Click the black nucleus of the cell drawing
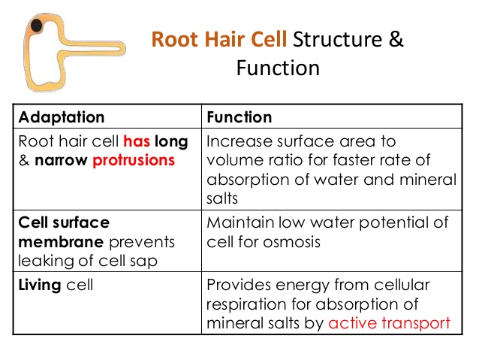point(36,26)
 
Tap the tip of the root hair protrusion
point(125,48)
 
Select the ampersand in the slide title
point(396,39)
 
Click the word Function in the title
point(278,68)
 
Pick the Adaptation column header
point(62,117)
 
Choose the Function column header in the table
point(239,117)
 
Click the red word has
point(137,141)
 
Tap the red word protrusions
point(134,161)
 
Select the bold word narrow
point(61,161)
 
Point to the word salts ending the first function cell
point(222,198)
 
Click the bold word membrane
point(61,242)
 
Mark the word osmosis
point(291,242)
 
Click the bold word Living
point(39,285)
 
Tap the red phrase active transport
point(389,323)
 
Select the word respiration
point(246,304)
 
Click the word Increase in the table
point(239,141)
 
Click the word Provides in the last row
point(239,285)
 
